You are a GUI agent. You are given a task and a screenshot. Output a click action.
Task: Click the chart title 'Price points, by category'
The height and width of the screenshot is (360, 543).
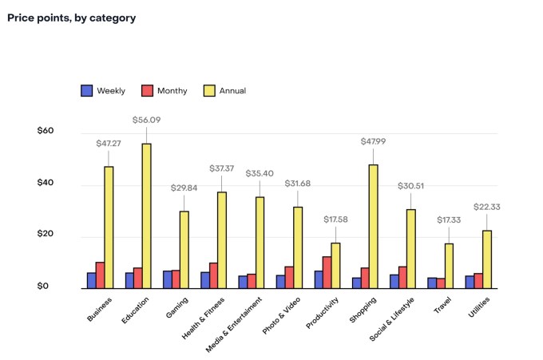click(71, 18)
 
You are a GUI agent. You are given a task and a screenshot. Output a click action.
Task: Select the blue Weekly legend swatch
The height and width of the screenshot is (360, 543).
click(87, 91)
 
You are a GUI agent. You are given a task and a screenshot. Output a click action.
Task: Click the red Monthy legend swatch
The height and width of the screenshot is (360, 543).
click(148, 91)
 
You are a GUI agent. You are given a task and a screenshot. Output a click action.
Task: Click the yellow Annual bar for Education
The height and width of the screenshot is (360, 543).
click(146, 216)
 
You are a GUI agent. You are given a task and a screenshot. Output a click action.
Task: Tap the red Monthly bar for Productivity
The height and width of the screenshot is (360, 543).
click(327, 272)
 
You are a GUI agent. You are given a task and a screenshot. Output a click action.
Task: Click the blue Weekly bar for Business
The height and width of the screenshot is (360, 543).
click(92, 280)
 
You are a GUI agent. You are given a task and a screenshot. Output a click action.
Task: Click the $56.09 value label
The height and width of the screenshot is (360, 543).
click(146, 120)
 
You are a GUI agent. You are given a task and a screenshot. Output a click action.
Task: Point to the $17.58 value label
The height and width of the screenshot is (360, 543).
click(335, 219)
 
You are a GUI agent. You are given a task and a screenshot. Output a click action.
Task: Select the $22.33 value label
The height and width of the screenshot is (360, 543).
click(487, 207)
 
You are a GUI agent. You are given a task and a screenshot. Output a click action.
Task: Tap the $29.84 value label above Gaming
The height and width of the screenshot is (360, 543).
click(184, 188)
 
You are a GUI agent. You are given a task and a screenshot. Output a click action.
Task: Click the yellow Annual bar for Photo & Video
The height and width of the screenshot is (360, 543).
click(298, 247)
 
